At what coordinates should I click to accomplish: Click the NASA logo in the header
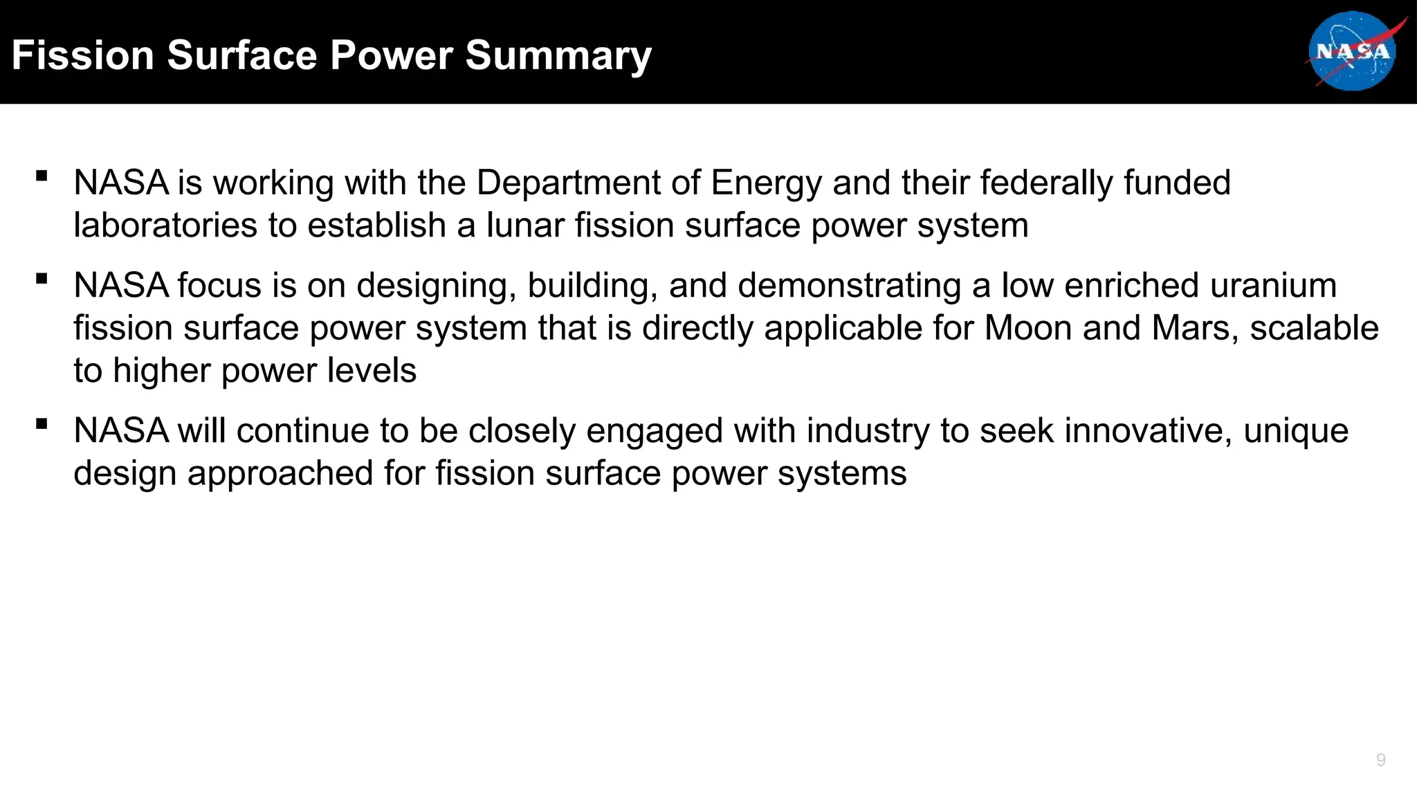(x=1352, y=51)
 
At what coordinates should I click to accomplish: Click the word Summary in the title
(x=558, y=55)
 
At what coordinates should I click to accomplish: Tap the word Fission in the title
(x=82, y=55)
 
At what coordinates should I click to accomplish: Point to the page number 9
(x=1380, y=760)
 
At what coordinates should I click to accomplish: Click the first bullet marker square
(x=42, y=176)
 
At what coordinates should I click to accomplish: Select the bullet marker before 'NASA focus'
(x=42, y=279)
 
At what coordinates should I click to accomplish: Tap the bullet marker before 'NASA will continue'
(x=42, y=423)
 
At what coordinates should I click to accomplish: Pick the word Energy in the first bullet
(x=766, y=184)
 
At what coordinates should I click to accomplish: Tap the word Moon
(x=1027, y=328)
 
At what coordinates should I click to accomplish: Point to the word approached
(x=280, y=475)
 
